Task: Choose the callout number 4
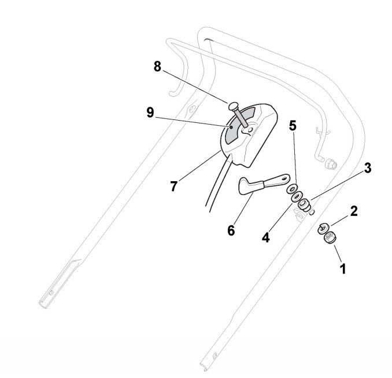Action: (265, 237)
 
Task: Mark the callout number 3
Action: (368, 169)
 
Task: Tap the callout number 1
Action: (343, 268)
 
